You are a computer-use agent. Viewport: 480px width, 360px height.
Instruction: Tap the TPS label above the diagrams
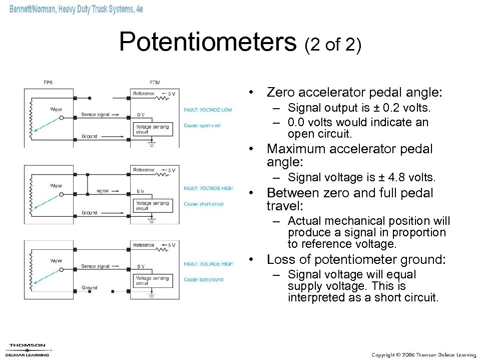click(x=48, y=83)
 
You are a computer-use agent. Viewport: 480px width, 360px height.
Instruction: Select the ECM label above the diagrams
click(x=155, y=83)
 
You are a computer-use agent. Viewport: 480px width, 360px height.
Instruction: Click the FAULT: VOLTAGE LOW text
click(x=208, y=110)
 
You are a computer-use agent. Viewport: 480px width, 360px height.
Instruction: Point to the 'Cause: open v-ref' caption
click(x=202, y=126)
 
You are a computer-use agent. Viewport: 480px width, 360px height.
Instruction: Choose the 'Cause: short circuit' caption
click(x=204, y=204)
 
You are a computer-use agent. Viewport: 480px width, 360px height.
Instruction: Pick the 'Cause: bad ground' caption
click(x=203, y=279)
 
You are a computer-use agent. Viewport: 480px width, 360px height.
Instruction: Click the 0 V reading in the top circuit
click(x=141, y=115)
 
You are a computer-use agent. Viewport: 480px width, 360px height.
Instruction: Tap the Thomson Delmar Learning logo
click(x=28, y=349)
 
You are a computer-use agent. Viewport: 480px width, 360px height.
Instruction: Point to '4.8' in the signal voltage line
click(x=392, y=177)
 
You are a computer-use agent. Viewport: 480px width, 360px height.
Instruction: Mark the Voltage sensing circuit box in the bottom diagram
click(x=152, y=280)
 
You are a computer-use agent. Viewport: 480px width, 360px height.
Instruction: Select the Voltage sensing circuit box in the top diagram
click(x=152, y=129)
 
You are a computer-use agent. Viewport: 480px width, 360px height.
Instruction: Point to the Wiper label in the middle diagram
click(x=56, y=185)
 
